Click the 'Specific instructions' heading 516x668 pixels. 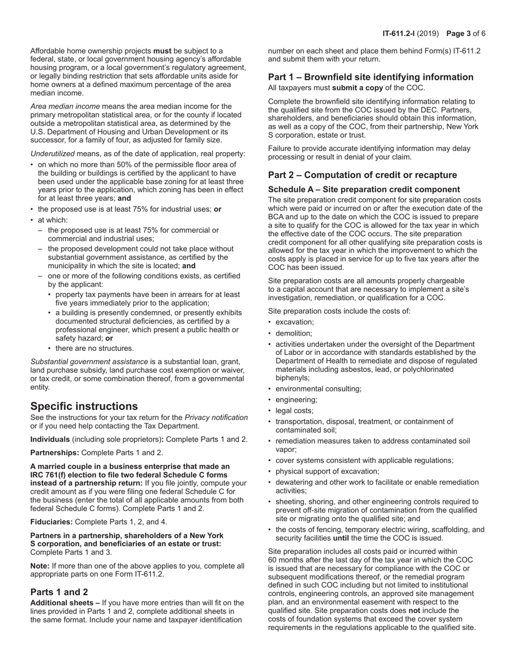[84, 406]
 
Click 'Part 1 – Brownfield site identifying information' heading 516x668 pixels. [370, 77]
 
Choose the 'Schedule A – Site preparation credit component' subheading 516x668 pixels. [364, 190]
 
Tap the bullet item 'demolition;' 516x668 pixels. [294, 333]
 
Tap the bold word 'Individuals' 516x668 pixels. [50, 439]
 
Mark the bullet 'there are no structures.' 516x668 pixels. [95, 348]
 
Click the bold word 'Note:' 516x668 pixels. [40, 565]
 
